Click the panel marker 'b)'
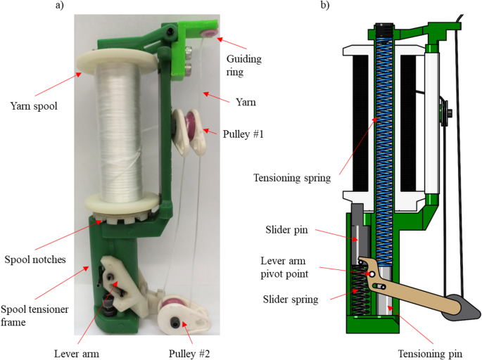[x=325, y=6]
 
